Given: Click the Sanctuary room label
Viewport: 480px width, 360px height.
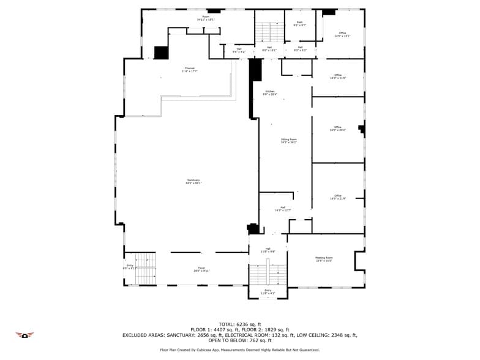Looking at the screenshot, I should (194, 181).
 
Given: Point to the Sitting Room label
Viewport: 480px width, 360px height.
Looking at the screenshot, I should (289, 141).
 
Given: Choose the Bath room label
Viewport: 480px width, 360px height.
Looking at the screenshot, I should (300, 24).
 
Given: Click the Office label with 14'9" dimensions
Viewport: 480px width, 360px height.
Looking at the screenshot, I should (342, 34).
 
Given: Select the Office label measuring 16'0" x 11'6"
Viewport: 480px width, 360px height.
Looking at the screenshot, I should (338, 77).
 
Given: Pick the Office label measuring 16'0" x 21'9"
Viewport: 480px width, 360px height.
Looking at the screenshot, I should (338, 197).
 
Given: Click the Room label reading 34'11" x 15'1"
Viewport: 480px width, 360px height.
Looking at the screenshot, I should (206, 18).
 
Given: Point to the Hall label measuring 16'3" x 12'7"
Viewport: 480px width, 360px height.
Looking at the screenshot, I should (283, 209).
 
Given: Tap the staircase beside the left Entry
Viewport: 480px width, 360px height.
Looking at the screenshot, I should (145, 268).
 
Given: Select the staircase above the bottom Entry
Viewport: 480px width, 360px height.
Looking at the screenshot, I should (268, 274).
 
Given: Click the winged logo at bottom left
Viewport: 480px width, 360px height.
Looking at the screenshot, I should (24, 335).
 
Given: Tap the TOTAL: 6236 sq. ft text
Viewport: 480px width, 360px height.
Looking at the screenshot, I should (240, 324).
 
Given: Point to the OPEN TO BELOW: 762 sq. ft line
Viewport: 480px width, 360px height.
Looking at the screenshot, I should (240, 340).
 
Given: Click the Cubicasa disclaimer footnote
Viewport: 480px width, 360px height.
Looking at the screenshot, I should (240, 350).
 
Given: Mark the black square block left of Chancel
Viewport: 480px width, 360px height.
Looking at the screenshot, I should (161, 53).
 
